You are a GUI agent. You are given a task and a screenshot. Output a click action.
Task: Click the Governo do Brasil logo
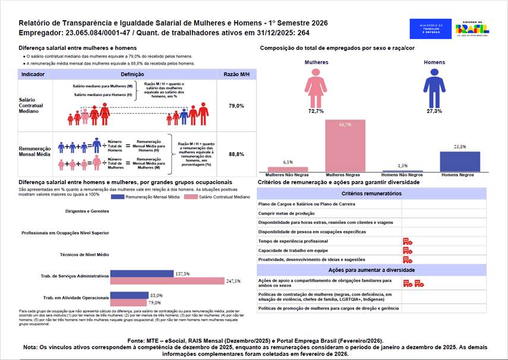click(x=472, y=28)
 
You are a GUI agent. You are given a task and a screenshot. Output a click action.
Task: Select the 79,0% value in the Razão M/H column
click(x=236, y=106)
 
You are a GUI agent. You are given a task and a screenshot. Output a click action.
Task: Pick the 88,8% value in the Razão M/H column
click(x=236, y=154)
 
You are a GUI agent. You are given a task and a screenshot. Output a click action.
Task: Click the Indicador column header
click(x=33, y=74)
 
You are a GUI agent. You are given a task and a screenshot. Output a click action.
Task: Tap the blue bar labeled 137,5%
click(x=141, y=274)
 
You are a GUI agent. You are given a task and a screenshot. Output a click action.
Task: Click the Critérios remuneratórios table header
click(x=371, y=194)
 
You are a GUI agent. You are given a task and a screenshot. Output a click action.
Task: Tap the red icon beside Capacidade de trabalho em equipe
click(x=407, y=251)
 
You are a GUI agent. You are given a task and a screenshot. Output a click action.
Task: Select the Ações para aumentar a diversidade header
click(x=371, y=269)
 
